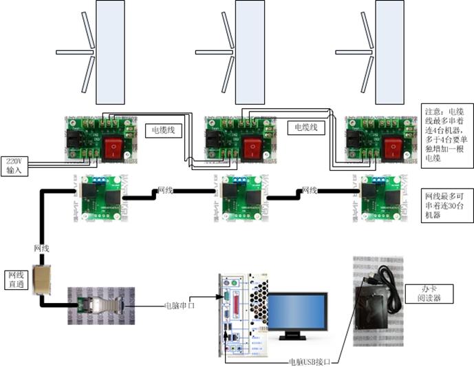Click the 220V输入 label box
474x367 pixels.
(x=14, y=166)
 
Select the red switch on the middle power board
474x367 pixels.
(x=253, y=148)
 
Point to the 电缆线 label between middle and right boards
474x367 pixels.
(x=306, y=127)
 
